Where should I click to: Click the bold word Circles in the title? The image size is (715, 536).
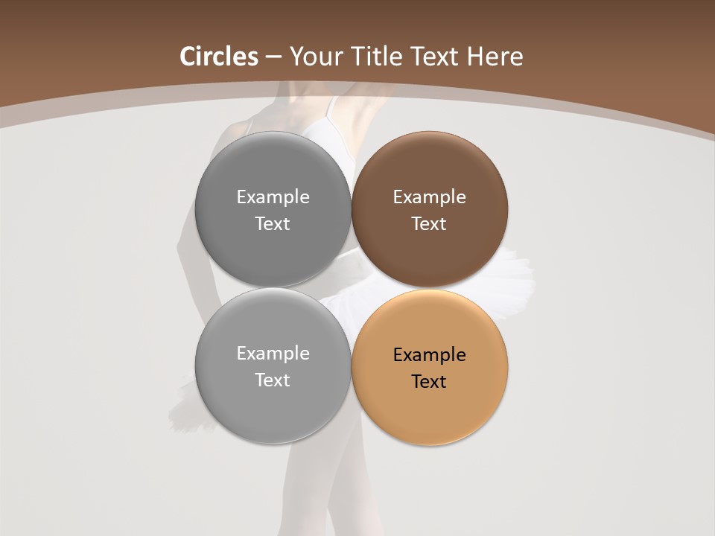click(x=219, y=57)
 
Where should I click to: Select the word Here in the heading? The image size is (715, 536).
click(x=495, y=57)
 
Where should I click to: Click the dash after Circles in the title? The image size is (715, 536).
click(x=273, y=57)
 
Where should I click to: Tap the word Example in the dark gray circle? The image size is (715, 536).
click(x=273, y=197)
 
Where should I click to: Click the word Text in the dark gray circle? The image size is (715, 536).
click(x=273, y=224)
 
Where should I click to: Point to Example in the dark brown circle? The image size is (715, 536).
click(x=429, y=197)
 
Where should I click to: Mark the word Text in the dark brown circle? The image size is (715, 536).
click(x=429, y=224)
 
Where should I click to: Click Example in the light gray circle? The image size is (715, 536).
click(x=273, y=354)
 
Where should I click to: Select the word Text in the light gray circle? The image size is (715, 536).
click(x=273, y=380)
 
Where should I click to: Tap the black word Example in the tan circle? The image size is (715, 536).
click(x=429, y=355)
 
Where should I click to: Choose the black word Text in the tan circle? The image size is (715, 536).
click(x=429, y=382)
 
